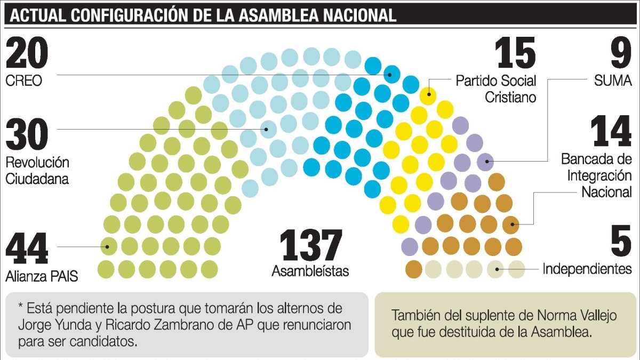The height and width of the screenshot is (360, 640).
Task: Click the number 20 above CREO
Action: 27,54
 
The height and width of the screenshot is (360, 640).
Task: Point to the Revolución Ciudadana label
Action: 37,171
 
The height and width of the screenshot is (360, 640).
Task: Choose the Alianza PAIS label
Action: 42,277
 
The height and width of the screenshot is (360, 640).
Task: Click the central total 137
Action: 311,246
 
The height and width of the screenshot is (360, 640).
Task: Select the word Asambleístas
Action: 310,271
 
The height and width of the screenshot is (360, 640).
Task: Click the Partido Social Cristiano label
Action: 495,89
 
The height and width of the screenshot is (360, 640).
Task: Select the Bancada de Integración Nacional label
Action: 596,175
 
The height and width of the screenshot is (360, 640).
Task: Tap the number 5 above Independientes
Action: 621,241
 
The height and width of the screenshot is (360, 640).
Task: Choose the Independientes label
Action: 587,269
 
